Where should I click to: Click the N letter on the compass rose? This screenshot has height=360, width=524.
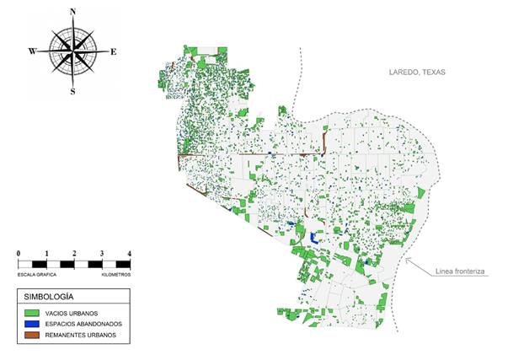pyautogui.click(x=73, y=11)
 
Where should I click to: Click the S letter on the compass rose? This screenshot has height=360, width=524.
pyautogui.click(x=72, y=91)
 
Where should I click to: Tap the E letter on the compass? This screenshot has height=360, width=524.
pyautogui.click(x=114, y=51)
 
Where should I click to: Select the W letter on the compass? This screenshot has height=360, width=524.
pyautogui.click(x=33, y=51)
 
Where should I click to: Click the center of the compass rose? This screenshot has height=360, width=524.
pyautogui.click(x=73, y=51)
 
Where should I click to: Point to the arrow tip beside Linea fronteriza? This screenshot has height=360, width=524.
pyautogui.click(x=407, y=259)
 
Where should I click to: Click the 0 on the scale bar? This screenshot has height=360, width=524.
pyautogui.click(x=19, y=254)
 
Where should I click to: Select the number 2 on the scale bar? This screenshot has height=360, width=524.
pyautogui.click(x=74, y=254)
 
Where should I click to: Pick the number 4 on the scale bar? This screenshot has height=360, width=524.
pyautogui.click(x=129, y=254)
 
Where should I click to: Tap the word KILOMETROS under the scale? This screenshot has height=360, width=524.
pyautogui.click(x=116, y=275)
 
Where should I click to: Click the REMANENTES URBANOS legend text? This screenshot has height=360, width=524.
pyautogui.click(x=87, y=335)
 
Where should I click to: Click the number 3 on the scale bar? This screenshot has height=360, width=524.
pyautogui.click(x=102, y=254)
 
